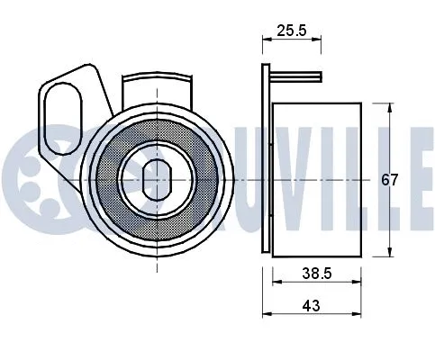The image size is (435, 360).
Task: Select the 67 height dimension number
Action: tap(389, 179)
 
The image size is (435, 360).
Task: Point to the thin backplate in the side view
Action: tap(266, 162)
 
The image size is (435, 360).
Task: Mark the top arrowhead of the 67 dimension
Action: tap(389, 103)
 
